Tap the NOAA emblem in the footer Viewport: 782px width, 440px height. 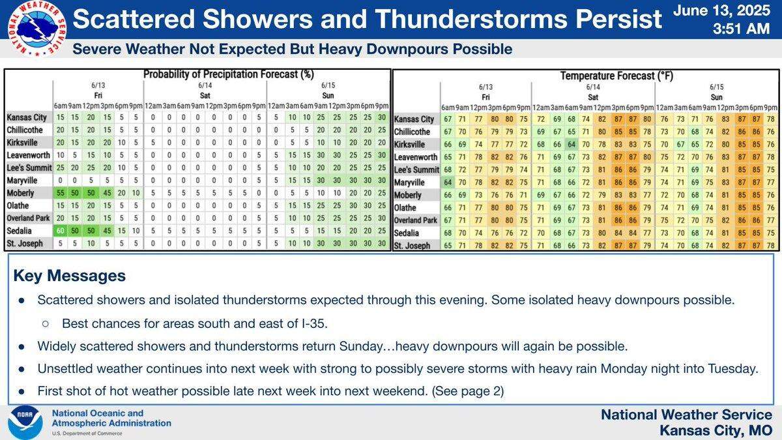coord(25,422)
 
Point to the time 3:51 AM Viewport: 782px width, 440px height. coord(748,29)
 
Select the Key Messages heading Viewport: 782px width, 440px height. coord(69,276)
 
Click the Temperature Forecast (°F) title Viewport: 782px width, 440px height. coord(616,76)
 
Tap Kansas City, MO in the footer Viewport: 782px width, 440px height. coord(716,430)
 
